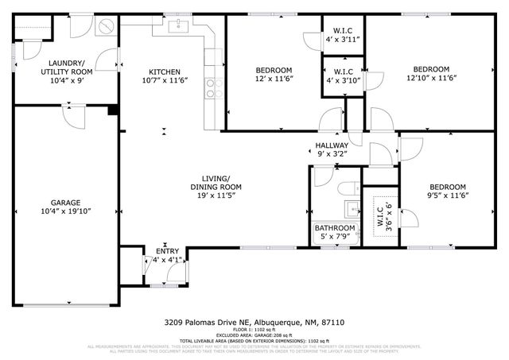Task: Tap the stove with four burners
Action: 212,83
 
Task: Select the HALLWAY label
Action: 331,145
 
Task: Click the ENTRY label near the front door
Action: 167,251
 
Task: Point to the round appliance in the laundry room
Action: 105,25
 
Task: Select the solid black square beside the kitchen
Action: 113,110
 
